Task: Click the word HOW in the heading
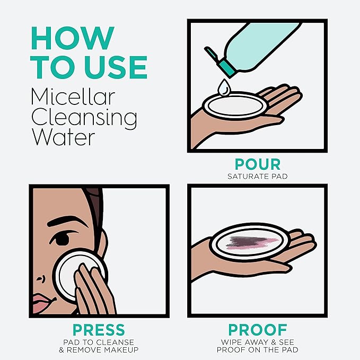[x=73, y=38]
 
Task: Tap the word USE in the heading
[x=116, y=67]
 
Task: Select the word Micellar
[x=73, y=96]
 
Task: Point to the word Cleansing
[x=84, y=118]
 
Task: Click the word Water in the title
[x=64, y=137]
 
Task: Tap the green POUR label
[x=258, y=164]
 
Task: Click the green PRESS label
[x=99, y=330]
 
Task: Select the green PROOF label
[x=258, y=330]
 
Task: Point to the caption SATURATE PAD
[x=258, y=177]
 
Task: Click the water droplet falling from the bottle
[x=224, y=87]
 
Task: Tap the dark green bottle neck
[x=227, y=68]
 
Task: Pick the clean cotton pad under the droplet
[x=235, y=105]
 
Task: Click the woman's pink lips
[x=41, y=303]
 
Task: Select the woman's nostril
[x=40, y=279]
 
